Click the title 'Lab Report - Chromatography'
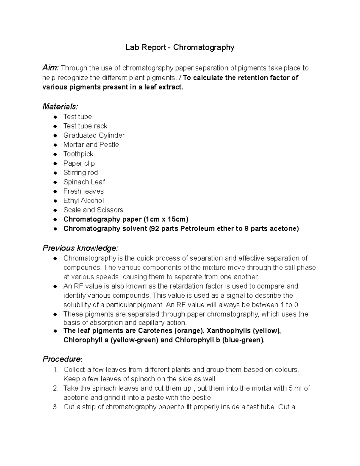(x=180, y=47)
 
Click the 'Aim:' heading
(x=51, y=68)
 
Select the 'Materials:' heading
(x=60, y=107)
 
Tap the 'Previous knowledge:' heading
(x=80, y=248)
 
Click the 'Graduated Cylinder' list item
(x=94, y=135)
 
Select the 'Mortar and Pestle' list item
(x=91, y=145)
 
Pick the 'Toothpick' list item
(x=78, y=154)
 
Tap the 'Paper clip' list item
(x=79, y=163)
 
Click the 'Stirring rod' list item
(x=80, y=173)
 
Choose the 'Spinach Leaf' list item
(x=84, y=182)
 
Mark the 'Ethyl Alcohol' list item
(x=83, y=200)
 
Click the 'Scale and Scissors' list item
(x=93, y=210)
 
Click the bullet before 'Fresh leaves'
(x=55, y=191)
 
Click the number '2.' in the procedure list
(x=55, y=388)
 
